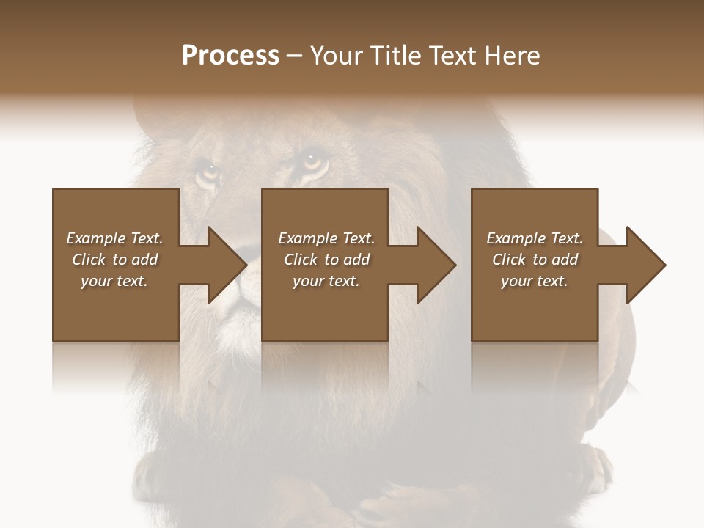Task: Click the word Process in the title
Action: point(230,55)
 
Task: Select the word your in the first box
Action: point(96,281)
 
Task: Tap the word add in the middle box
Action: point(356,260)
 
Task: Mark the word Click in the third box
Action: point(509,260)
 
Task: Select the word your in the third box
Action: point(516,281)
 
